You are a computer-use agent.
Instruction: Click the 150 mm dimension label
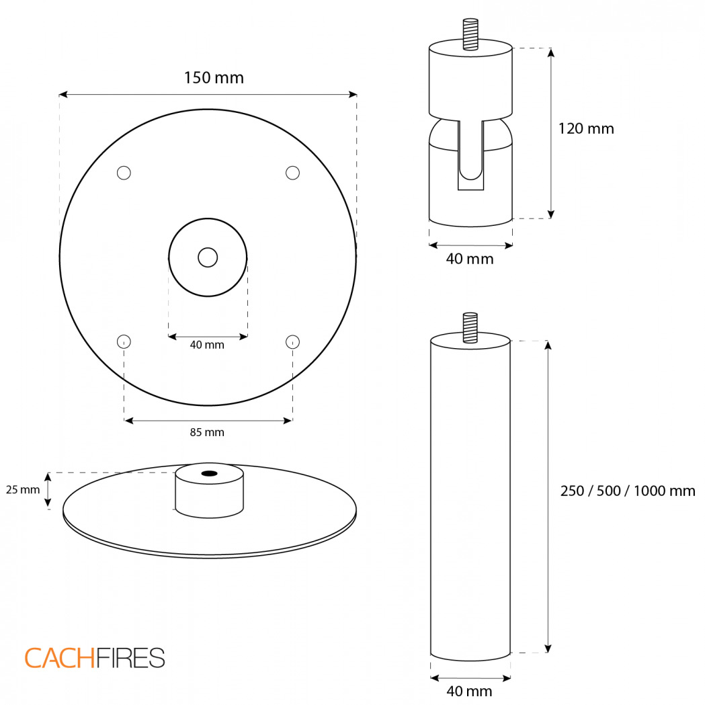point(214,78)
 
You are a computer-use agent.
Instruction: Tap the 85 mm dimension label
point(207,432)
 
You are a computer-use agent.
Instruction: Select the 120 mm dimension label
point(586,128)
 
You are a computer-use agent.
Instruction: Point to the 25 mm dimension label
point(23,490)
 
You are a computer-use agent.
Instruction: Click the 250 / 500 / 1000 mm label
point(628,491)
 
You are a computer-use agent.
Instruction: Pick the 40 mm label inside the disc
point(207,345)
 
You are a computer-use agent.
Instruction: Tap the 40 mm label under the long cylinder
point(469,691)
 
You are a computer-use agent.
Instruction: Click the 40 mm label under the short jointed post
point(470,259)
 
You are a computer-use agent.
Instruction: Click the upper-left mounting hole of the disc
point(124,173)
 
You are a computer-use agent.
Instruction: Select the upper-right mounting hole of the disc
point(293,173)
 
